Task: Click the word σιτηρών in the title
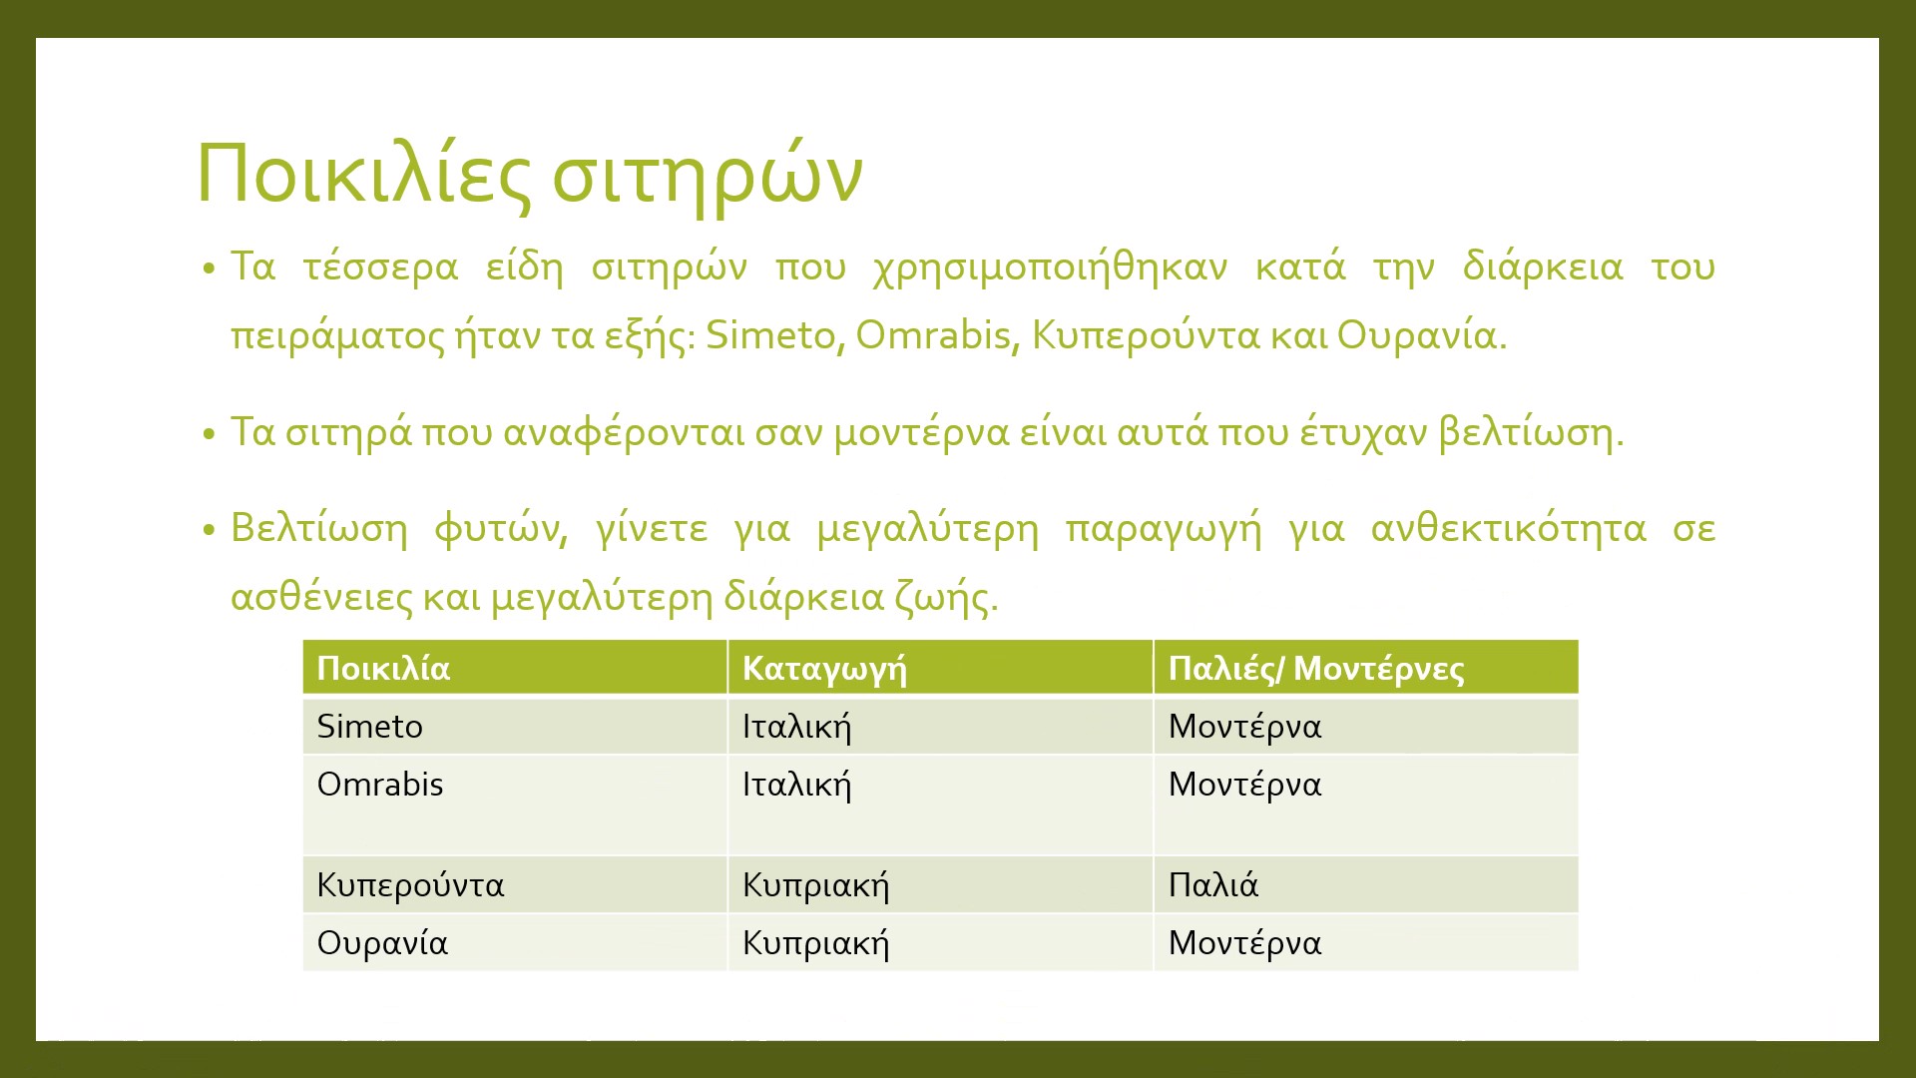pos(707,175)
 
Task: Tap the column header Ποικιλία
pos(383,669)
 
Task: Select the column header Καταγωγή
pos(824,669)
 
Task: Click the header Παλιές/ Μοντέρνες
pos(1315,669)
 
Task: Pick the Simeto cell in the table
pos(369,727)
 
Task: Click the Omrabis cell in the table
pos(379,785)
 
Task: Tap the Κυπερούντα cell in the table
pos(410,885)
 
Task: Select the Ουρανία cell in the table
pos(382,943)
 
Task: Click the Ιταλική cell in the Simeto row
pos(796,727)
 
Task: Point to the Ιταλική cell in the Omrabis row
pos(796,785)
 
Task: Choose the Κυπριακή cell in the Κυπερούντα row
pos(815,885)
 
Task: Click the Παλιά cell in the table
pos(1212,885)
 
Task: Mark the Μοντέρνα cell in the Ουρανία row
pos(1244,943)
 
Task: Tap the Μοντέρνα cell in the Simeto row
pos(1244,727)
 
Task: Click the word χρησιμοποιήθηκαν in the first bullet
pos(1050,268)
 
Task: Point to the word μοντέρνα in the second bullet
pos(922,432)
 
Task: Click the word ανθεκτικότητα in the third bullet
pos(1508,528)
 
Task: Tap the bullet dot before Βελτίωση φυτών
pos(209,531)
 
